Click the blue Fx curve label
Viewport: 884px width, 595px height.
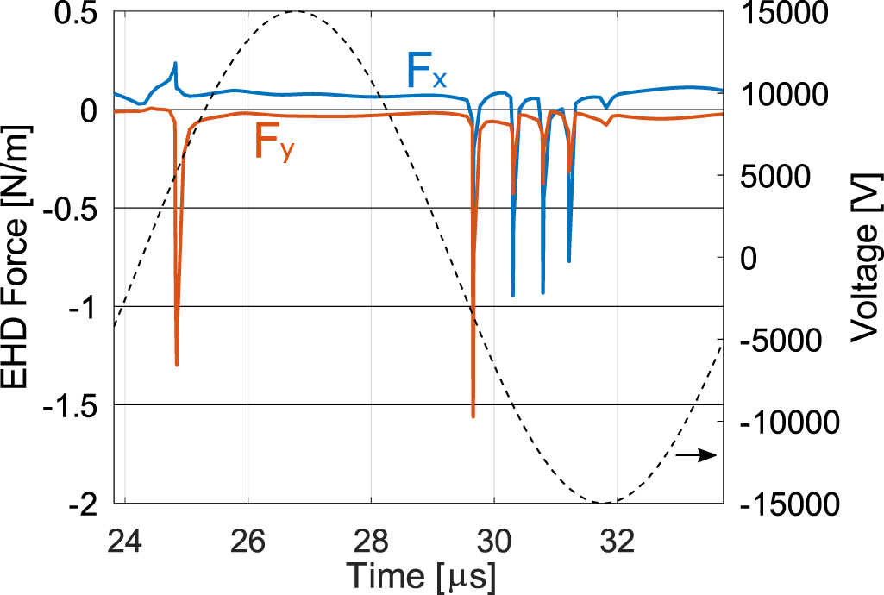tap(426, 71)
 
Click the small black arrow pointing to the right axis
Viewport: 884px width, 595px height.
tap(696, 455)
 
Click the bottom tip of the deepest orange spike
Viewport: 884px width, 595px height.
tap(473, 417)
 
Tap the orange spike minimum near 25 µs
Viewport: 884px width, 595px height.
tap(177, 365)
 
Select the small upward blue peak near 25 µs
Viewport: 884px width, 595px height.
tap(176, 63)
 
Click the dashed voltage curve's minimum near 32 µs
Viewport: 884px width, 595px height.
tap(604, 502)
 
